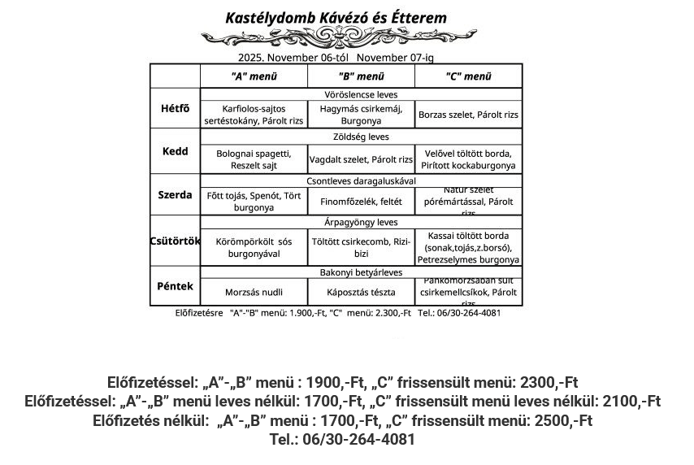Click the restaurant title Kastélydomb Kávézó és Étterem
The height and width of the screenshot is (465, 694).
point(336,18)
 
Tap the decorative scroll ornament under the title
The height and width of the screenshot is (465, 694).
point(336,37)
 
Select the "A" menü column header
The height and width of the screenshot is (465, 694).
point(254,76)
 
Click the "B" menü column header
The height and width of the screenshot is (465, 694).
point(361,76)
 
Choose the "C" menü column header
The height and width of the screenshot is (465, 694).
point(468,76)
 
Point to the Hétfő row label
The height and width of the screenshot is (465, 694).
point(175,108)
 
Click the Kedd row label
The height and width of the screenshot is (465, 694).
point(175,151)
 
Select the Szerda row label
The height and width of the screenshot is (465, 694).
point(175,195)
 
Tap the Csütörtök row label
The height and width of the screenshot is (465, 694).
point(175,240)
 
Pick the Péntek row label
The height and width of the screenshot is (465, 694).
point(175,286)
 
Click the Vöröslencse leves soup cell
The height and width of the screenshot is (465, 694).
point(361,94)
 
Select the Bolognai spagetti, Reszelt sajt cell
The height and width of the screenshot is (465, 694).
point(254,159)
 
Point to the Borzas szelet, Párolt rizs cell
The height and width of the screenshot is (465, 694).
point(468,115)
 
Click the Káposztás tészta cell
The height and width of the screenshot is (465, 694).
point(361,292)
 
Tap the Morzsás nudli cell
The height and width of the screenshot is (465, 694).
point(254,292)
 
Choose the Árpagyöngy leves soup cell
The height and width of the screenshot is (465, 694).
point(361,222)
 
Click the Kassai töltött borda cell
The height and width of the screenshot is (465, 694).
point(468,247)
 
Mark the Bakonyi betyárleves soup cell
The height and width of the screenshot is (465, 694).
point(361,272)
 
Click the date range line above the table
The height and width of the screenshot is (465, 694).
point(336,58)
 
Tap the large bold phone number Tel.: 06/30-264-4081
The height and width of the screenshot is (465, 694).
point(342,440)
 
